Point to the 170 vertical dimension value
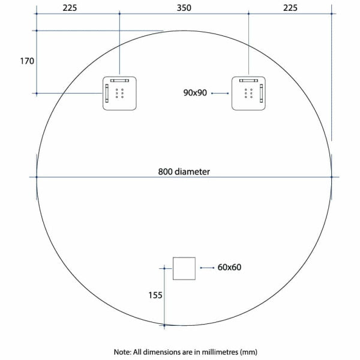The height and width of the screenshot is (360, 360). pos(27,61)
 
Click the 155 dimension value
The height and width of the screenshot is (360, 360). pos(155,295)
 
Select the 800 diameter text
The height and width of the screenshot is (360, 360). pos(184,171)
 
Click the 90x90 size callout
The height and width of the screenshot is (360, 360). pos(195,93)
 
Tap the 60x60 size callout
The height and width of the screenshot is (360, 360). pos(229,267)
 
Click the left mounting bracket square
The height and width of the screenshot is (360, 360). pos(120,93)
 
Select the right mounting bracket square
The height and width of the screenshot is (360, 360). pos(248,93)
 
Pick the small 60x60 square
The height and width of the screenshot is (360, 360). pos(184,268)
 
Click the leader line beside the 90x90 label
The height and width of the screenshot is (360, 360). pos(220,93)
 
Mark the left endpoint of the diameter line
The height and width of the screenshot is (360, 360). pos(37,177)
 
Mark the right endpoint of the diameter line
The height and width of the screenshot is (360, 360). pos(332,177)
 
